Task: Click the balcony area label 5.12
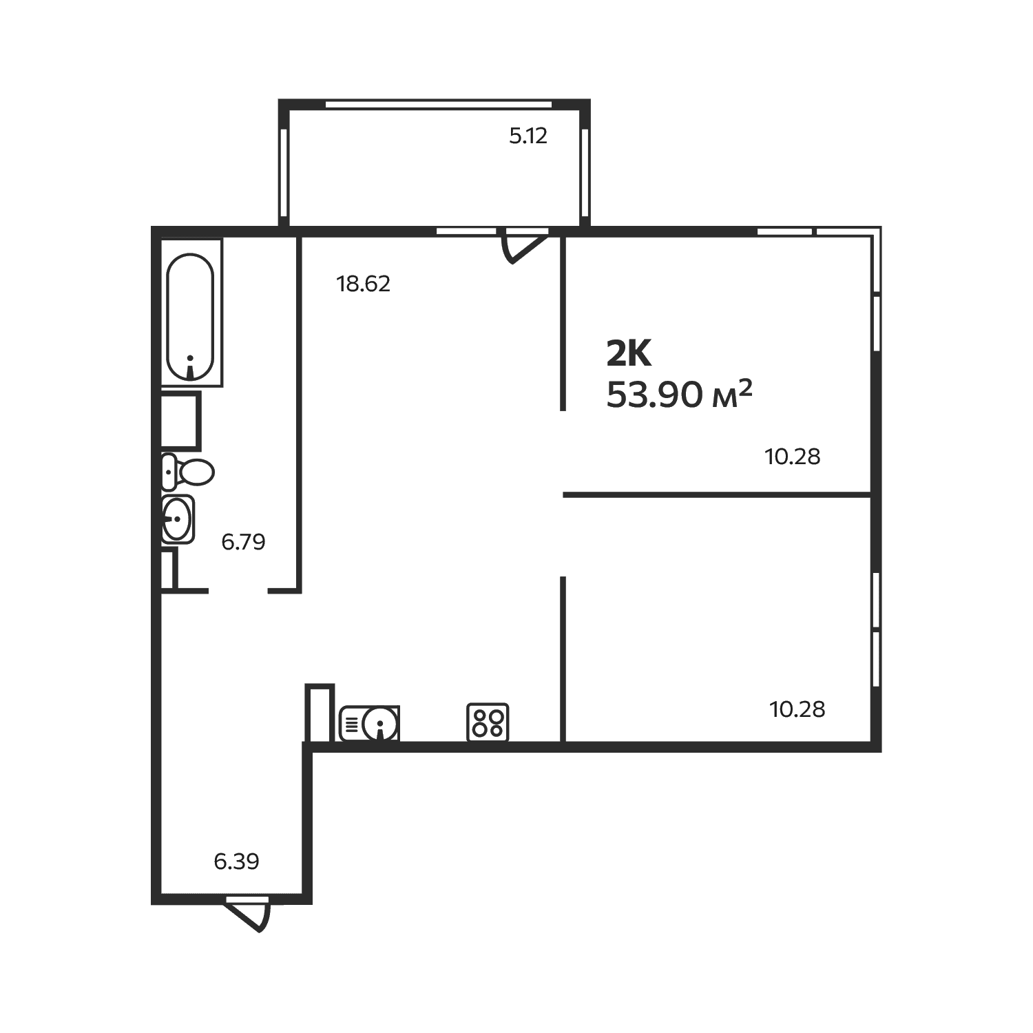tap(528, 136)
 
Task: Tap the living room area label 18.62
tap(364, 284)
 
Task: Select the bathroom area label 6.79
tap(243, 542)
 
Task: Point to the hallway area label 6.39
tap(236, 862)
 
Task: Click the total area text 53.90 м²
tap(679, 395)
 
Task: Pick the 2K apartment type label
tap(629, 354)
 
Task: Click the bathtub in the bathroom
tap(191, 313)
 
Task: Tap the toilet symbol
tap(187, 472)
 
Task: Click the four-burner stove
tap(488, 722)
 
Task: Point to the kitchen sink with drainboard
tap(370, 724)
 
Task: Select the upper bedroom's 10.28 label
tap(793, 457)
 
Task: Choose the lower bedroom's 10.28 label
tap(797, 709)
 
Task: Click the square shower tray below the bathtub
tap(180, 420)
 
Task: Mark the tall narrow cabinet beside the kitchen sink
tap(320, 713)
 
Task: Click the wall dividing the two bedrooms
tap(718, 494)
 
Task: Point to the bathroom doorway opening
tap(238, 591)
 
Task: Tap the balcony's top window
tap(439, 105)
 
